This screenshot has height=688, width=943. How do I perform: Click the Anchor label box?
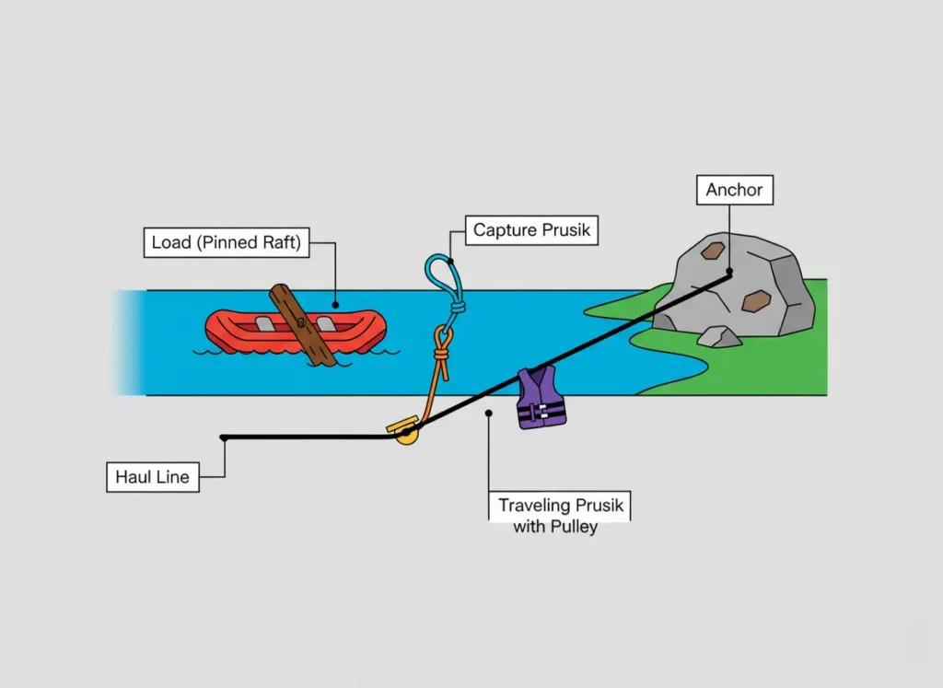734,191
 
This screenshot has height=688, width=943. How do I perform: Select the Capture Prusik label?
530,229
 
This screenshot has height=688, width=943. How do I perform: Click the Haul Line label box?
153,477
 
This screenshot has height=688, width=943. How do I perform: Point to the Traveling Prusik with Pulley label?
561,515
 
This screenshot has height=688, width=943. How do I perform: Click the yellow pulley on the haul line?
405,434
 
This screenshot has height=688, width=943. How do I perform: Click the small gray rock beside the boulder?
718,337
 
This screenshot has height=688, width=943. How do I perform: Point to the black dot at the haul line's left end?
224,437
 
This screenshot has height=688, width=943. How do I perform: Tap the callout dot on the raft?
336,304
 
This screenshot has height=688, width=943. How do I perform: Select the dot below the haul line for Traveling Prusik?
489,414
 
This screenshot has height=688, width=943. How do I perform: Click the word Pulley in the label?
575,527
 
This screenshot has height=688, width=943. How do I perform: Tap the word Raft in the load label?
284,243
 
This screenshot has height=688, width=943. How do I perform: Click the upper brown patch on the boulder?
712,250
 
